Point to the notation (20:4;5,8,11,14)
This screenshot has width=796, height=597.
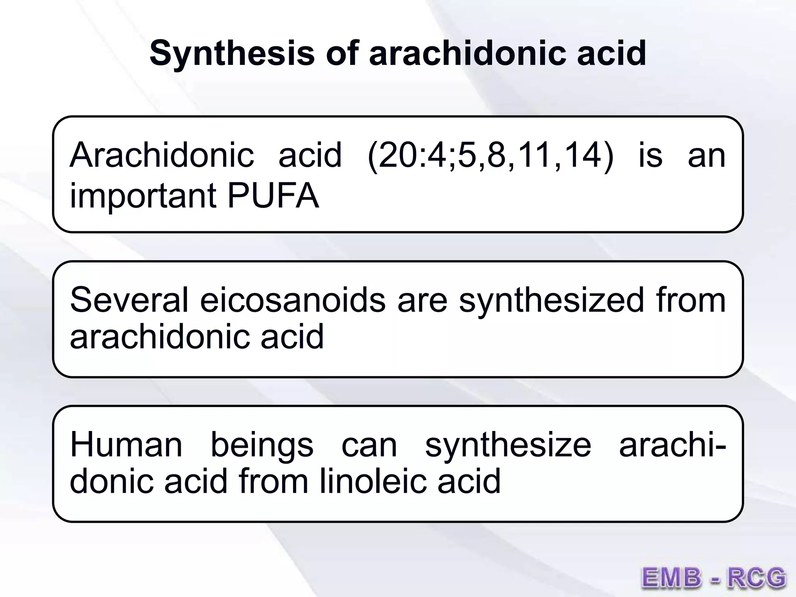click(x=490, y=156)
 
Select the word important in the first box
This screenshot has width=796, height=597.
click(x=143, y=197)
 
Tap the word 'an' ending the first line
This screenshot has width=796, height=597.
click(x=706, y=156)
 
